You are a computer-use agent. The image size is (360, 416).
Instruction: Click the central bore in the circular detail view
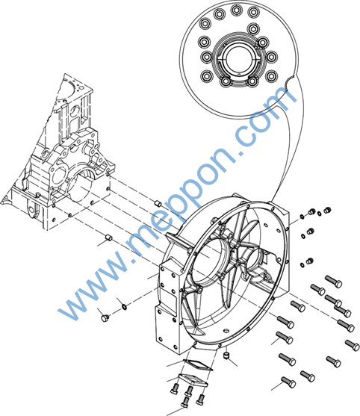coord(237,60)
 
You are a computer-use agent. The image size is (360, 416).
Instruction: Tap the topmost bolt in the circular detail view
coord(235,10)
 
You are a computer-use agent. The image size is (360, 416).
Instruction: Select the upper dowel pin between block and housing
coord(158,203)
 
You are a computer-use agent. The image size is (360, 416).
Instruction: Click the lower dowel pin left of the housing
coord(109,238)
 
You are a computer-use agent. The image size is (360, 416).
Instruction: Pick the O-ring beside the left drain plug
coord(124,307)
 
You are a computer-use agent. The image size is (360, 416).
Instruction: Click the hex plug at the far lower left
coord(105,318)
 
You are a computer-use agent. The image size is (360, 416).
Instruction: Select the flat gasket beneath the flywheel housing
coord(198,365)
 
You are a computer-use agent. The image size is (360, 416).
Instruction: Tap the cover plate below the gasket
coord(193,380)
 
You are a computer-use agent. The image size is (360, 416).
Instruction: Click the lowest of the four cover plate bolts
coord(185,402)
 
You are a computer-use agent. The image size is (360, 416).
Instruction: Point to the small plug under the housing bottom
coord(226,356)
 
